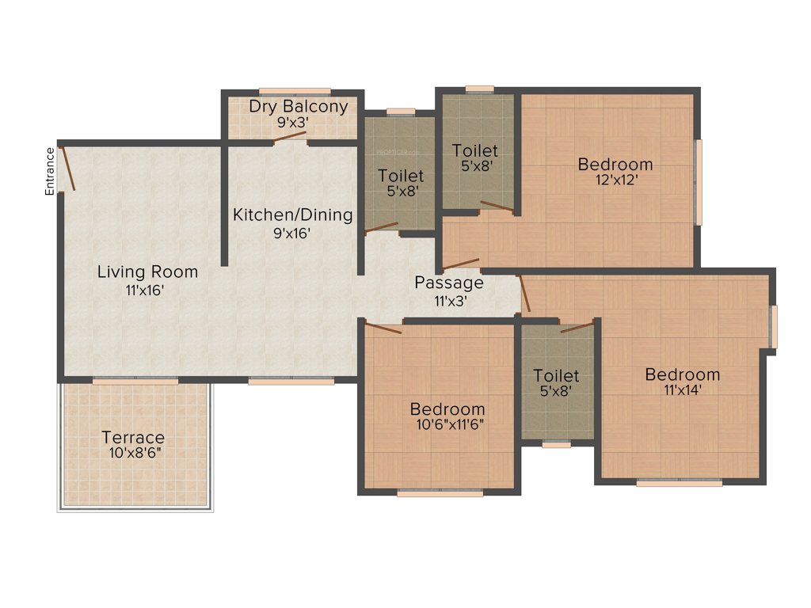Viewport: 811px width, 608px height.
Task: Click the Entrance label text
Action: pyautogui.click(x=50, y=171)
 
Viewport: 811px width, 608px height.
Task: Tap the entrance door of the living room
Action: pyautogui.click(x=68, y=169)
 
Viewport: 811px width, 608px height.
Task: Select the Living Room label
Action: pyautogui.click(x=147, y=272)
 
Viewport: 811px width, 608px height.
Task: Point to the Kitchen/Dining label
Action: pyautogui.click(x=292, y=215)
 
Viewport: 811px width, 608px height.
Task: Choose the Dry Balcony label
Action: pyautogui.click(x=298, y=107)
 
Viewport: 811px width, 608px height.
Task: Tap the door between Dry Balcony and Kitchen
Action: pyautogui.click(x=289, y=138)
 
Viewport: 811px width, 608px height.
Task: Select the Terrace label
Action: pyautogui.click(x=133, y=437)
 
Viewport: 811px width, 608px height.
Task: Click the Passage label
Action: pyautogui.click(x=448, y=283)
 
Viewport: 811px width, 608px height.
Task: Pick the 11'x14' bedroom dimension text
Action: pyautogui.click(x=682, y=389)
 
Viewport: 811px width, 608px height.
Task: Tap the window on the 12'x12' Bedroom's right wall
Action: pyautogui.click(x=698, y=183)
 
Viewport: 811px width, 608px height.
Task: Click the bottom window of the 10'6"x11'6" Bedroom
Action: pyautogui.click(x=440, y=493)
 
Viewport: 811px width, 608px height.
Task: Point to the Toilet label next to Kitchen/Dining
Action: pyautogui.click(x=400, y=176)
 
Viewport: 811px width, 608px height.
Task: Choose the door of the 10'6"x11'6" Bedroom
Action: pyautogui.click(x=383, y=328)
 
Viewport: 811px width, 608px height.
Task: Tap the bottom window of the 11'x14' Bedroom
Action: pyautogui.click(x=679, y=482)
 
